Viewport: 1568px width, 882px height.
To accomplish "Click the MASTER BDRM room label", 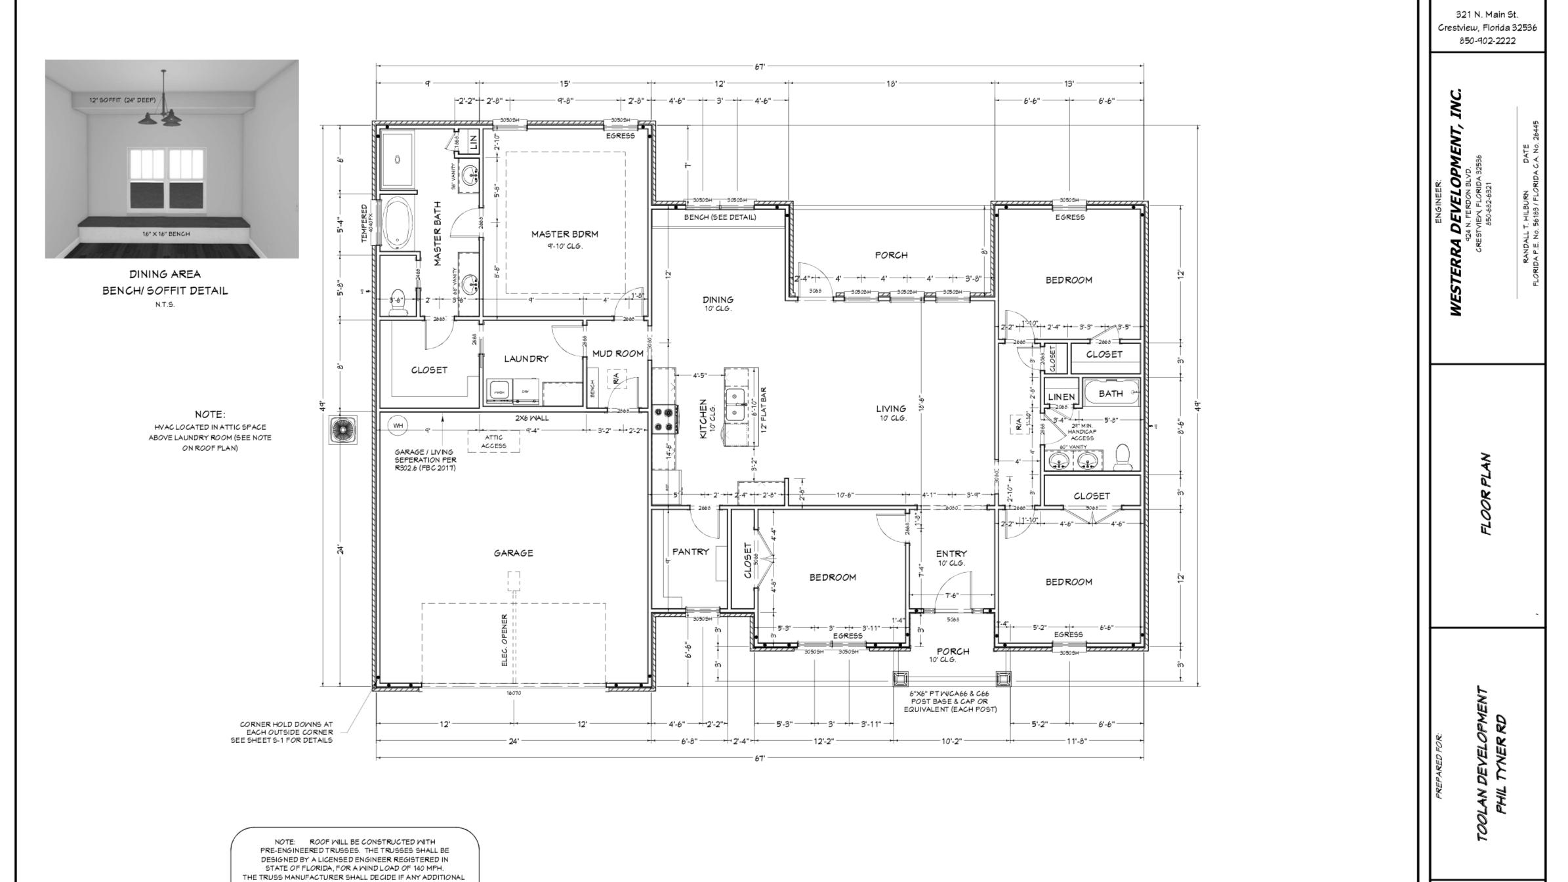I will [x=564, y=234].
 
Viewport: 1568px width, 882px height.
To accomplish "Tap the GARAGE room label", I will [x=513, y=553].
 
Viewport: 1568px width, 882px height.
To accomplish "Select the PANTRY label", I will [x=690, y=552].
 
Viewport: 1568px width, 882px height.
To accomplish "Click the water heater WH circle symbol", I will [x=398, y=425].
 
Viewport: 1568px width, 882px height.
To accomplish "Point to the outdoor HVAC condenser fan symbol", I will [x=343, y=430].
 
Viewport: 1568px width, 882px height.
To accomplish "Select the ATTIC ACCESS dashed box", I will [x=493, y=442].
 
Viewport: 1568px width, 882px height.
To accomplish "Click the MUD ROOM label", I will [x=617, y=354].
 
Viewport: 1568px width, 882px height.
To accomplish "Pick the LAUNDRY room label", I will [x=526, y=359].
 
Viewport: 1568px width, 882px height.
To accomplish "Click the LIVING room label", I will [x=890, y=409].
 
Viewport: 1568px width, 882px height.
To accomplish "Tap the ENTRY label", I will [x=951, y=554].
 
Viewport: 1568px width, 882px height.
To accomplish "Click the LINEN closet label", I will [x=1061, y=397].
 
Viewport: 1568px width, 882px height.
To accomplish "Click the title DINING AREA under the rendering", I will [x=165, y=274].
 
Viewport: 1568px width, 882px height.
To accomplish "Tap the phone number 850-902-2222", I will [x=1487, y=40].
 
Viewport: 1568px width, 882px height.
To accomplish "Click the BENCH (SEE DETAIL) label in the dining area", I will [x=720, y=217].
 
